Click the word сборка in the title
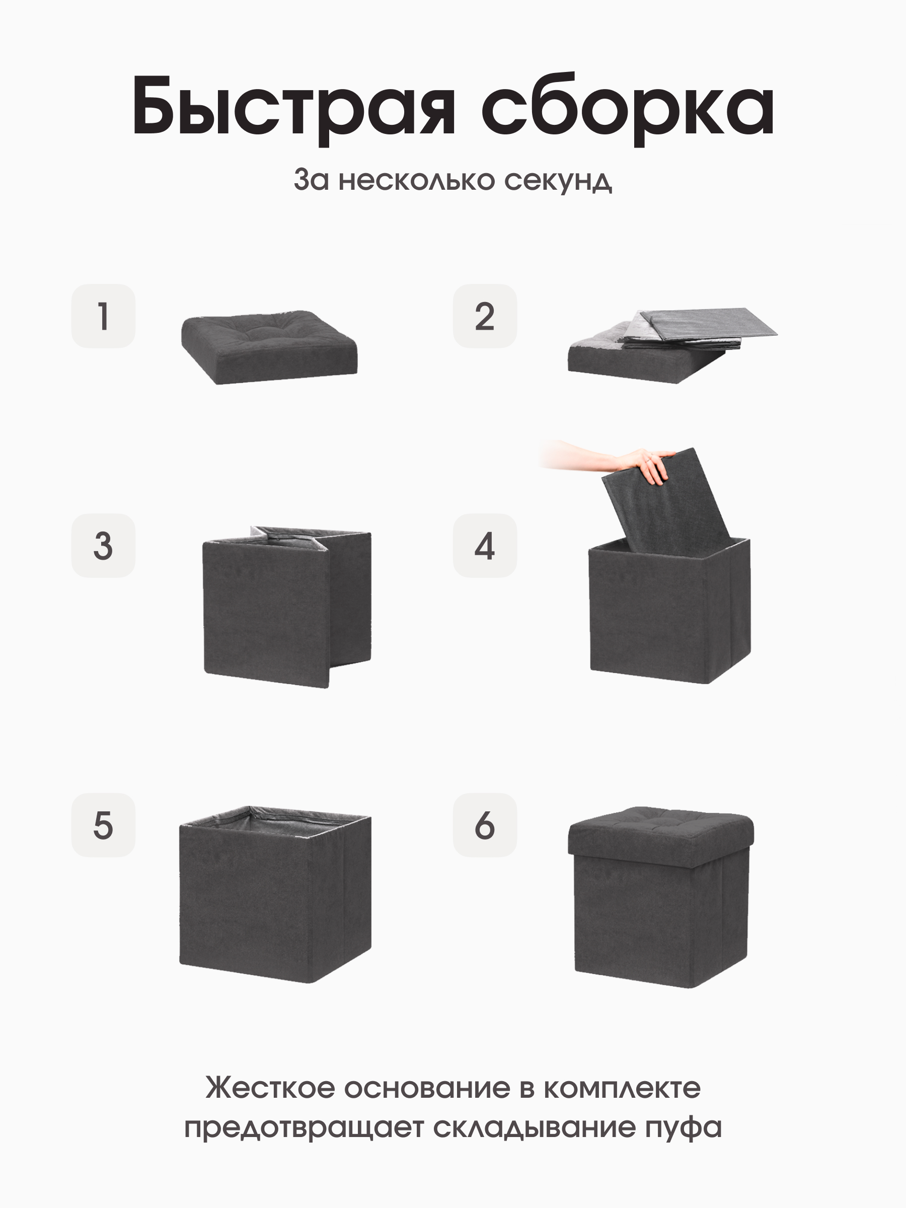click(x=628, y=107)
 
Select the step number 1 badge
click(x=103, y=316)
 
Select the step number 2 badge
click(x=484, y=316)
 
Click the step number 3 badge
click(x=103, y=546)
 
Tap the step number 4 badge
click(x=484, y=546)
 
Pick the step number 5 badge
click(x=103, y=825)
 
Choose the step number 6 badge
click(x=484, y=825)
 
